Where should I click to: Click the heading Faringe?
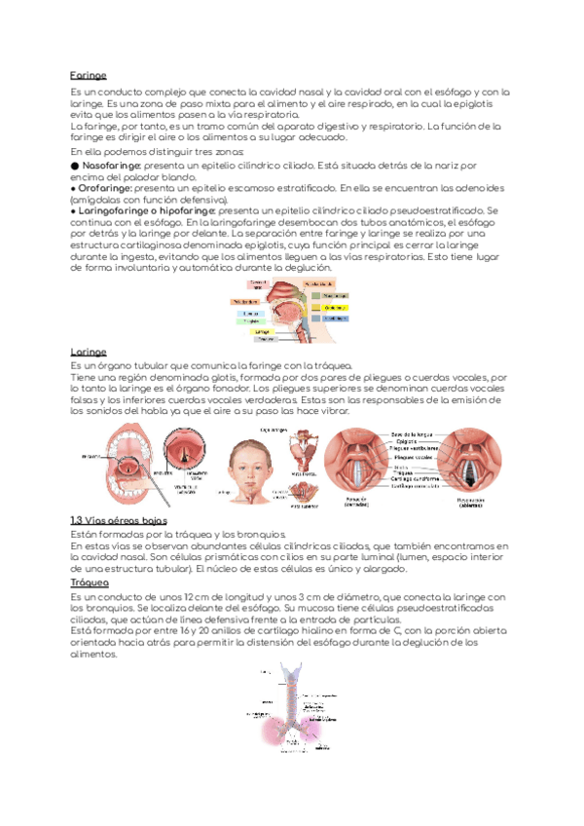pos(88,75)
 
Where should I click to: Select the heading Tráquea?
pos(90,582)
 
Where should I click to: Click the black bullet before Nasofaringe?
pos(75,167)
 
